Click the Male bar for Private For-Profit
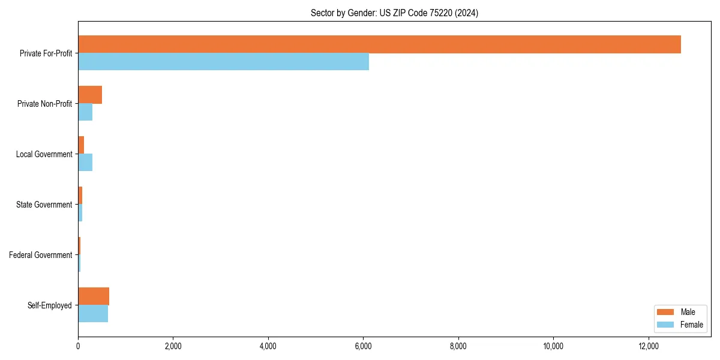click(x=379, y=44)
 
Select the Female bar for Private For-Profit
click(x=223, y=62)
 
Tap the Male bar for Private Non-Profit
click(x=90, y=95)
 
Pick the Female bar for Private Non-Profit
click(x=85, y=112)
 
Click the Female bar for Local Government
click(x=85, y=163)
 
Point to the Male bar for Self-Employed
click(x=94, y=296)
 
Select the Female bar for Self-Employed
click(x=93, y=314)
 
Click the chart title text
click(x=394, y=13)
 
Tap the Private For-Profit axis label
click(x=46, y=53)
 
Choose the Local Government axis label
click(x=44, y=154)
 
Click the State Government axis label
click(x=44, y=205)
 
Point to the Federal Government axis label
click(x=40, y=255)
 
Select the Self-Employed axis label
click(x=49, y=305)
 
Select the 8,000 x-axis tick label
click(x=458, y=346)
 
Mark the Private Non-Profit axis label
click(x=44, y=104)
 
